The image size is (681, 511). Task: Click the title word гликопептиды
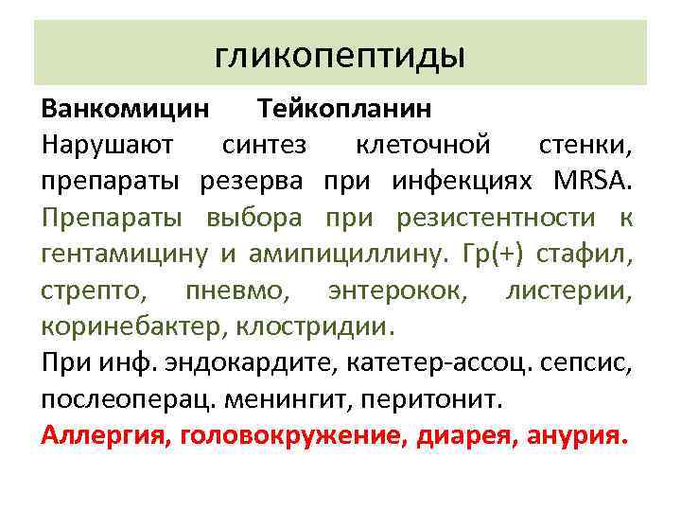click(x=340, y=56)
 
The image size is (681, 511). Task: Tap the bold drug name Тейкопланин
click(x=344, y=109)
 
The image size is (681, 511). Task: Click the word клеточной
click(x=422, y=146)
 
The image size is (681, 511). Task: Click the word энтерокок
click(x=396, y=291)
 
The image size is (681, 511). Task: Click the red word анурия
click(x=579, y=438)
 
